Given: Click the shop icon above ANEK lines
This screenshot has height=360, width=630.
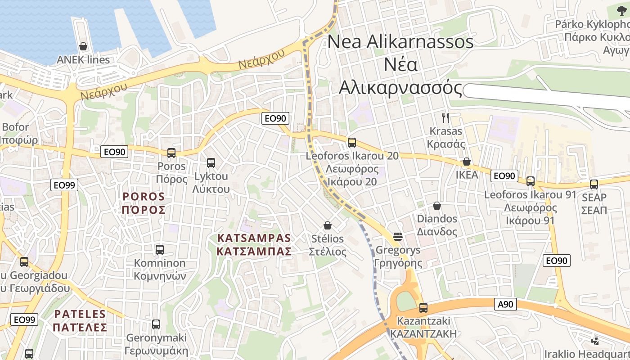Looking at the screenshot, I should (x=83, y=46).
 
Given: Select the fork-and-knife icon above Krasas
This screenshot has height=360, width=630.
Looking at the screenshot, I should (x=445, y=118).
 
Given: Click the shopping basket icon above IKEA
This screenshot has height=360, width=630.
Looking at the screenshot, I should (x=467, y=162).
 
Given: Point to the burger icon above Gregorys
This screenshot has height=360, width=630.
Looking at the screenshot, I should (x=397, y=236).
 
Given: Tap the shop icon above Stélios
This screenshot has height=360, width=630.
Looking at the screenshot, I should (x=328, y=225).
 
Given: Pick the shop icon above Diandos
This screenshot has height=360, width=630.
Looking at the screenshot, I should (x=436, y=206).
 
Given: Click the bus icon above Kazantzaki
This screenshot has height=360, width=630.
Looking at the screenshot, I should (x=423, y=308).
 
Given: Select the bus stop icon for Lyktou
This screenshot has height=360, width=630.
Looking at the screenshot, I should (x=211, y=163).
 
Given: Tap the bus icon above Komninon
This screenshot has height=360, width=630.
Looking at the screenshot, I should (x=159, y=249).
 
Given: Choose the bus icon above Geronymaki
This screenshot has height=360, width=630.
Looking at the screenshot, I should (x=156, y=324).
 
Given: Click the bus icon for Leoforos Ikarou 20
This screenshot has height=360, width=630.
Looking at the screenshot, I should (x=351, y=143).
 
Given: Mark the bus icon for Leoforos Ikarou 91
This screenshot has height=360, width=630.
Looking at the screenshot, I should (x=531, y=181).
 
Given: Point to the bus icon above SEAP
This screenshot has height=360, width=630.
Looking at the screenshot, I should (x=594, y=184).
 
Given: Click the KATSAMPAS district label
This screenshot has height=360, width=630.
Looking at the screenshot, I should (x=254, y=244).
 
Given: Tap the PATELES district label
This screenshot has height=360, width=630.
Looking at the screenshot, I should (x=80, y=320).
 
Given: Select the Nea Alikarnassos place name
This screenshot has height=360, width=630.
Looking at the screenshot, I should (x=400, y=65).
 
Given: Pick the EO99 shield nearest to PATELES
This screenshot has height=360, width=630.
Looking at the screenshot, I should (x=24, y=320).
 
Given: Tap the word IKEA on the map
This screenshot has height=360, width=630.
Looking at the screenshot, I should (x=467, y=175).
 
